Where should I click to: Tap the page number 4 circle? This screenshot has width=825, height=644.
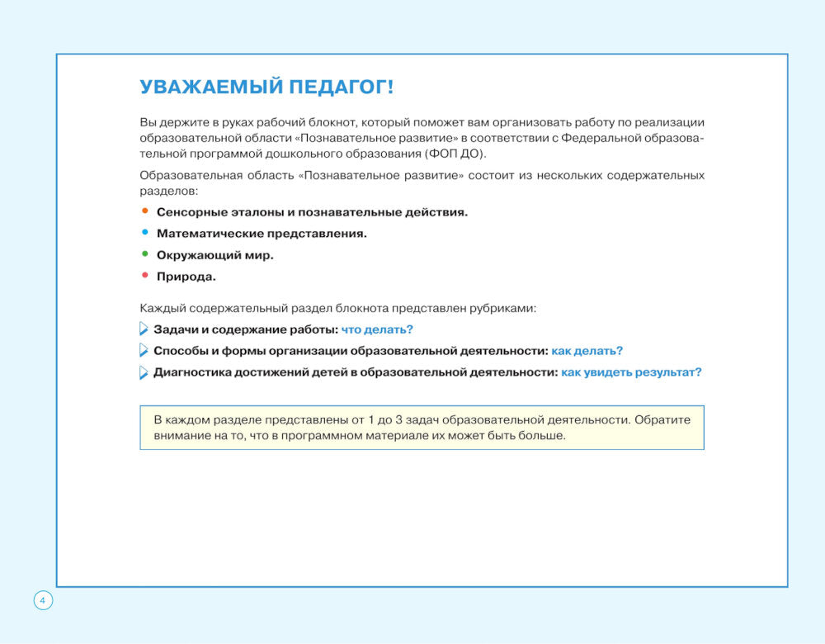coord(43,600)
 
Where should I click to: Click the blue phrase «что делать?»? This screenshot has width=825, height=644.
coord(377,329)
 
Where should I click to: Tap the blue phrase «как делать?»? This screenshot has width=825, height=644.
coord(587,351)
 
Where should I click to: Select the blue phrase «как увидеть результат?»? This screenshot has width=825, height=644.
coord(631,372)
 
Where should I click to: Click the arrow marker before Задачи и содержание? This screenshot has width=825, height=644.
coord(144,329)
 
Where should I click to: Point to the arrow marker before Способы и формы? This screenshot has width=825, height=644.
coord(144,351)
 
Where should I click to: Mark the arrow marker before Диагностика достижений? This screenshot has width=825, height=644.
coord(144,372)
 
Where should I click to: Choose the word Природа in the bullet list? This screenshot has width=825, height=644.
coord(186,277)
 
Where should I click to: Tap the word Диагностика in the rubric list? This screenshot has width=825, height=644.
coord(191,372)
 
